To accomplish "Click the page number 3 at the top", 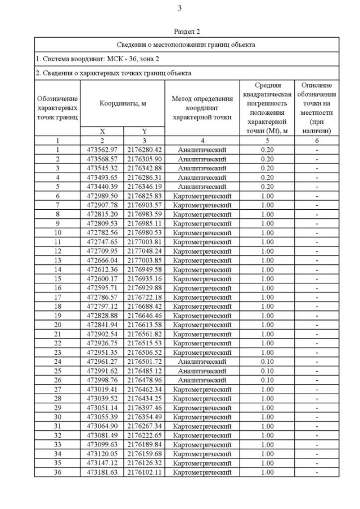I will [x=179, y=8].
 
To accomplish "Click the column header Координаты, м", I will [x=123, y=103].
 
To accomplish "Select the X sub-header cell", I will [x=102, y=131].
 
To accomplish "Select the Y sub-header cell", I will [x=144, y=131].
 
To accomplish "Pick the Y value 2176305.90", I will [x=144, y=159].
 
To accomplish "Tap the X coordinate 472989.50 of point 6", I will [x=102, y=196].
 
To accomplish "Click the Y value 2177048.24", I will [x=144, y=251].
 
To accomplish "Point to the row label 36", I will [x=57, y=472].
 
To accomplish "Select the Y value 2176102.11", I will [x=144, y=472].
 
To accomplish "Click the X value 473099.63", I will [x=102, y=444].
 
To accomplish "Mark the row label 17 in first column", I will [x=57, y=297].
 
